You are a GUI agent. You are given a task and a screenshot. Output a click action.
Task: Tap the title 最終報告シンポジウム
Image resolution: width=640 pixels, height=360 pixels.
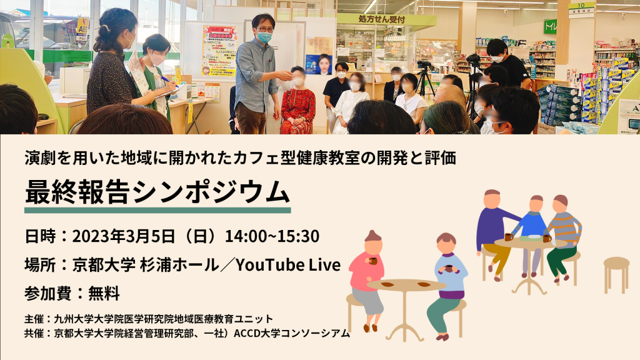coord(157,191)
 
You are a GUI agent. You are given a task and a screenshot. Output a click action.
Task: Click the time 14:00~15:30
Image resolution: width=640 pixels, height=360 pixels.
coord(272,236)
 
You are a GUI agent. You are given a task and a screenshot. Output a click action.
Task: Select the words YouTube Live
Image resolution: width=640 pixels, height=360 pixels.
coord(288,265)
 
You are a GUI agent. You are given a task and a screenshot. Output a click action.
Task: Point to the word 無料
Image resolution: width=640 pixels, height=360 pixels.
coord(104,294)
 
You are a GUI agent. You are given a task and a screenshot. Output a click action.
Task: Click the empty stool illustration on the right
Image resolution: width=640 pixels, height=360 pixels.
coord(616,274)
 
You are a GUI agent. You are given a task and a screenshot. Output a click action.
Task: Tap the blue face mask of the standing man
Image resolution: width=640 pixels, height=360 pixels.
coord(264,37)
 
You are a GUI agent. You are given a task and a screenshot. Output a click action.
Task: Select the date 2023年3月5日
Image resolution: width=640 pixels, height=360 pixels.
coord(124,236)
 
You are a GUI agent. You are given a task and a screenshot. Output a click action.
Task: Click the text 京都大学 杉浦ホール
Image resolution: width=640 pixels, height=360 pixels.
coord(146,265)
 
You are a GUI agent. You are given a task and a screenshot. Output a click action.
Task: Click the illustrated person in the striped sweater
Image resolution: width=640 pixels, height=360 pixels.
coord(562,237)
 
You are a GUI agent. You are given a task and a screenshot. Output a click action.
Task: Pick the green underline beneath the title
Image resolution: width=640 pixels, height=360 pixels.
coord(157,210)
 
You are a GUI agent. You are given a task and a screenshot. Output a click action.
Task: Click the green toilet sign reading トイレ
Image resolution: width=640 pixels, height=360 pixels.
coord(550,26)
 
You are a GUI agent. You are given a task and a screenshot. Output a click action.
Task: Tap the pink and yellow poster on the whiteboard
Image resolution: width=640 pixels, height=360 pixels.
coord(219,51)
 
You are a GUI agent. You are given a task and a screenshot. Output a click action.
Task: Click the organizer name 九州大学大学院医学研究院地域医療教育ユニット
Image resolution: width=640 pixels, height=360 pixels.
coord(164,318)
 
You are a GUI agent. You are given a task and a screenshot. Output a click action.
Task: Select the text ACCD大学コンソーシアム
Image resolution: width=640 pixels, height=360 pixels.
coord(292,333)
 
